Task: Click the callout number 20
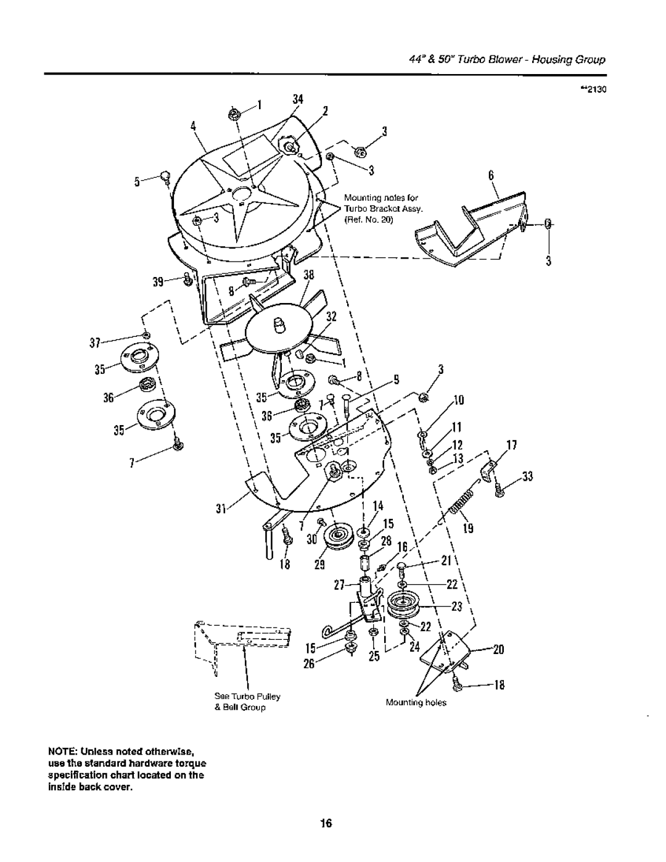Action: pyautogui.click(x=498, y=650)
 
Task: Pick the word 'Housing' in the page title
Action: pyautogui.click(x=548, y=60)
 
